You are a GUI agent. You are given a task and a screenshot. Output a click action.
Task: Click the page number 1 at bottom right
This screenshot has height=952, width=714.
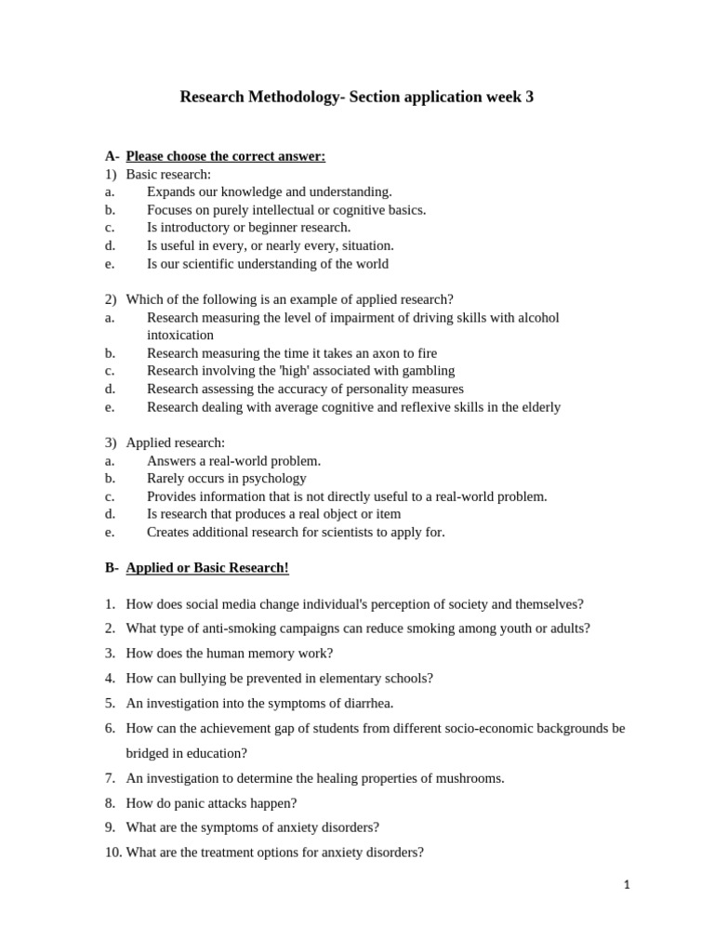(627, 885)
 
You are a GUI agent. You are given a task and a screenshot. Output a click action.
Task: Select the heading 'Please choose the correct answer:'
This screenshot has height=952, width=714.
(225, 155)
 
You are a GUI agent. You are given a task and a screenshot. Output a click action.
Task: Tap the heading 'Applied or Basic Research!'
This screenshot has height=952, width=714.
(207, 567)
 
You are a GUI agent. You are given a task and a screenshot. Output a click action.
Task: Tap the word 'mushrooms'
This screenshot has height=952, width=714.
(471, 778)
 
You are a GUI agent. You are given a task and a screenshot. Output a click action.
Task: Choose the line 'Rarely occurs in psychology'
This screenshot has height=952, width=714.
(226, 478)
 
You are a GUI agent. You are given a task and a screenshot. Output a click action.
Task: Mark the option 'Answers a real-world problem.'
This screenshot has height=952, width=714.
(233, 460)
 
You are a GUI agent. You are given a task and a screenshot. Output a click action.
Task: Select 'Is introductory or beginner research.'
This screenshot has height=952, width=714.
(248, 227)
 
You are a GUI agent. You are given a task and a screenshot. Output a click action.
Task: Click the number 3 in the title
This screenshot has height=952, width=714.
(529, 97)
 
